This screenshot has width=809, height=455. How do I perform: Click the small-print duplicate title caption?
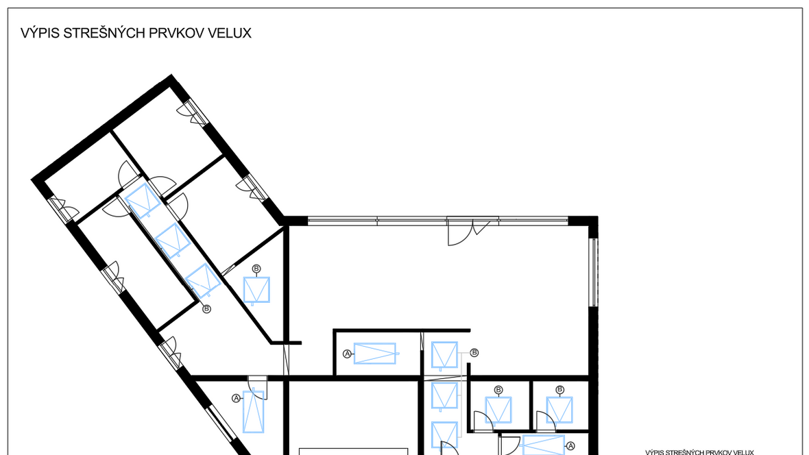click(699, 452)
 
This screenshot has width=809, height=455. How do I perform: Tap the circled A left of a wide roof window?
click(347, 354)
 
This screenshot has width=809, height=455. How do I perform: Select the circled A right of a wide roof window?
click(570, 446)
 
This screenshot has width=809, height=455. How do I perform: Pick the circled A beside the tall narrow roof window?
click(237, 398)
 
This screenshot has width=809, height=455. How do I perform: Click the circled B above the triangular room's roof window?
click(256, 269)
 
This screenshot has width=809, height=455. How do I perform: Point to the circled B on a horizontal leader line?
click(474, 353)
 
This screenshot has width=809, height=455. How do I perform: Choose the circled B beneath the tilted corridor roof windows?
click(206, 309)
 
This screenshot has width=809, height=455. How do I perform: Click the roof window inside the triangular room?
click(256, 290)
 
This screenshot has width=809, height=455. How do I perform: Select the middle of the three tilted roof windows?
click(173, 241)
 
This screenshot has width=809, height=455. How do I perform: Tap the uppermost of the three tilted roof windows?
click(143, 201)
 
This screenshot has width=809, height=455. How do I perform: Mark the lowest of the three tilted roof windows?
click(204, 280)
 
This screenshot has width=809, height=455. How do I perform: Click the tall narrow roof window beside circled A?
click(254, 412)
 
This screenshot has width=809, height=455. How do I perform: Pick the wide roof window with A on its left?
click(375, 354)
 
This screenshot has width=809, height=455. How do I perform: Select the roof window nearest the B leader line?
click(444, 355)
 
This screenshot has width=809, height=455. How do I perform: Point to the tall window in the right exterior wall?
click(593, 272)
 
